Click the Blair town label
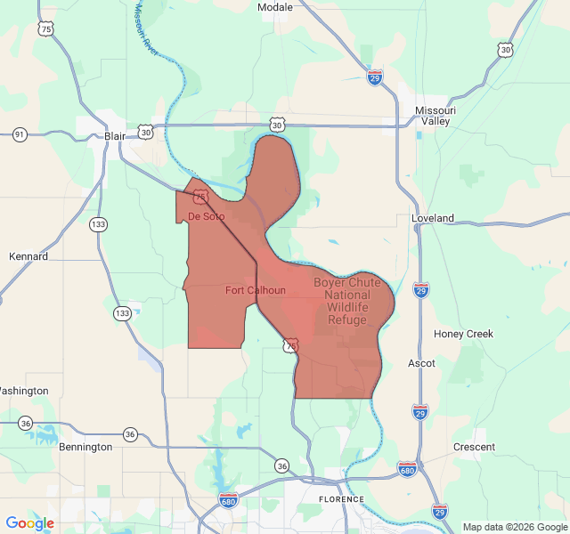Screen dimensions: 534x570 (x=115, y=135)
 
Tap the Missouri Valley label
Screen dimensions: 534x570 (x=436, y=116)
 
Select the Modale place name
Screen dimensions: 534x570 (x=274, y=7)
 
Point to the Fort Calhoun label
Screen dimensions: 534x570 (x=256, y=290)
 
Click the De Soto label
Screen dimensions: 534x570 (x=206, y=216)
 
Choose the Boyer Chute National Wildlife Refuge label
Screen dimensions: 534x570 (x=346, y=301)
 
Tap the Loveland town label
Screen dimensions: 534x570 (x=433, y=218)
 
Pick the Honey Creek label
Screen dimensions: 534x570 (x=463, y=334)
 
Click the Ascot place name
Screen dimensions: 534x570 (x=421, y=363)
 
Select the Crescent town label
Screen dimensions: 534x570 (x=474, y=447)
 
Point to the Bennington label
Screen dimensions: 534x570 (x=85, y=447)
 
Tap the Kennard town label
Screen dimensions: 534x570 (x=28, y=256)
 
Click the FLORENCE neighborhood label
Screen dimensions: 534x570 (x=341, y=499)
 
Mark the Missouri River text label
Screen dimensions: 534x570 (x=146, y=28)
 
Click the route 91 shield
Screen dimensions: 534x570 (x=20, y=134)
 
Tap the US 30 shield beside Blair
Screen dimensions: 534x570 (x=145, y=132)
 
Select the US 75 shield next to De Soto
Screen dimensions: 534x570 (x=201, y=196)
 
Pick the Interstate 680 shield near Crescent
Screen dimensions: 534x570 (x=407, y=468)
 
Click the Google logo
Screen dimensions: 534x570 (x=30, y=523)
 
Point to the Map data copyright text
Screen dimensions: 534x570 (x=515, y=527)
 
